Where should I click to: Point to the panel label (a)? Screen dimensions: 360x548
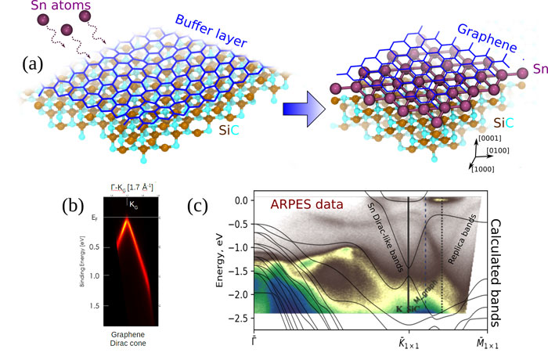tap(20, 62)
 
